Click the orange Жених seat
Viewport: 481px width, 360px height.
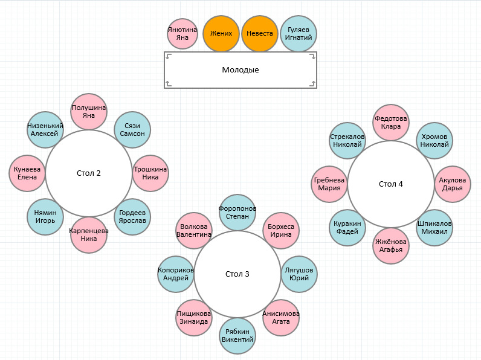coord(221,34)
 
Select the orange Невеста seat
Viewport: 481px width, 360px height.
coord(260,34)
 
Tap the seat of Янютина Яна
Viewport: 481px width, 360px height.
coord(182,34)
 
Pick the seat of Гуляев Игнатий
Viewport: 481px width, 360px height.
coord(299,34)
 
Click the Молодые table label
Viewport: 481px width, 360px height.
coord(240,70)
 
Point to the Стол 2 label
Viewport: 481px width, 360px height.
coord(89,173)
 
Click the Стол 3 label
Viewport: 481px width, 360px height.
coord(237,274)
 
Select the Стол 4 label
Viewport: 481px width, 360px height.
coord(391,184)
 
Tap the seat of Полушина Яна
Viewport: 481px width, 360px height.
coord(89,112)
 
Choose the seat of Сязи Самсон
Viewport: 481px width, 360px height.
coord(132,130)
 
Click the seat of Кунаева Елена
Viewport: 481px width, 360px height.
coord(27,173)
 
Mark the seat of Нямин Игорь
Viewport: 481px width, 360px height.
coord(45,217)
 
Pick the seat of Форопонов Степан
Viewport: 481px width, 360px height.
coord(237,213)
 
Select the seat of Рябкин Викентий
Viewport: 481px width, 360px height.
coord(237,336)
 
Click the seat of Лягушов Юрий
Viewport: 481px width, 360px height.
coord(299,274)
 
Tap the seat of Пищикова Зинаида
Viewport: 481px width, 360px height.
coord(194,318)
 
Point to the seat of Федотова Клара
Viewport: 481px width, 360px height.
coord(391,123)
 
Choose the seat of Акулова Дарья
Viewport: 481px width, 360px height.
coord(453,184)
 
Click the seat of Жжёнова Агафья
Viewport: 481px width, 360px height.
coord(391,246)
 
